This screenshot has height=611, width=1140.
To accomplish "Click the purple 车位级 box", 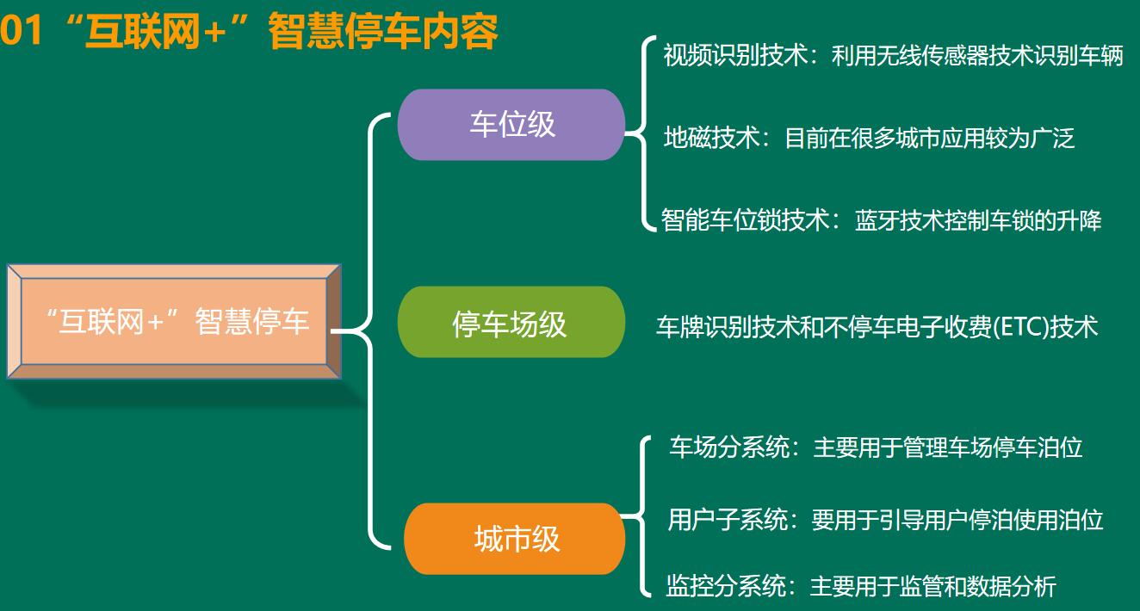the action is pos(511,125).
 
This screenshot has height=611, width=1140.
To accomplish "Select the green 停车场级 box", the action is pos(511,322).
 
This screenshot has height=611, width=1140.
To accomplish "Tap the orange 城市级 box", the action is pos(515,539).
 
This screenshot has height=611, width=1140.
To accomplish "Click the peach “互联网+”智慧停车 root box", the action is pos(174,322).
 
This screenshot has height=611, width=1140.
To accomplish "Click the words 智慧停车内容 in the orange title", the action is pos(382,32).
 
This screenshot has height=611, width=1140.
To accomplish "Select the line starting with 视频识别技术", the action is pos(893,55).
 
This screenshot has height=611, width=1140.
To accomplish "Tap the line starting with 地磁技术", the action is pos(869,138).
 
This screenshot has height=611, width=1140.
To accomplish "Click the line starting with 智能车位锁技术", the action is pos(881,220).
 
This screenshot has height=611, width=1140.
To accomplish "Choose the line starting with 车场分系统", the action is pos(876,447).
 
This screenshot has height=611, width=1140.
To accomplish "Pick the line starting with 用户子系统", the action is pos(885,520).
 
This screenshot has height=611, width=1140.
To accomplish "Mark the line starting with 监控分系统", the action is pos(861,585).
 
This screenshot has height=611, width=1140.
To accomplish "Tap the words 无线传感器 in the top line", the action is pos(932,55).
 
